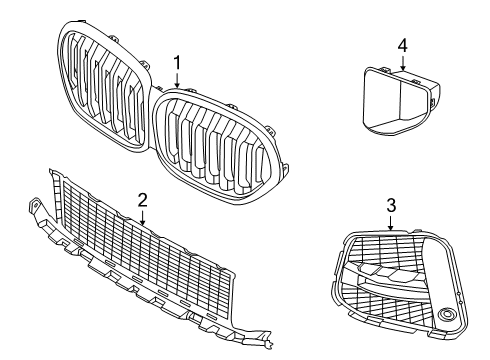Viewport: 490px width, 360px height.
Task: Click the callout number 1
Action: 177,62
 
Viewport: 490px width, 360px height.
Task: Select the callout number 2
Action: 143,199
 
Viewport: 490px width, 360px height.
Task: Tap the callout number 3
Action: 391,204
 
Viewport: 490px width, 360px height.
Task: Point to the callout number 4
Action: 402,44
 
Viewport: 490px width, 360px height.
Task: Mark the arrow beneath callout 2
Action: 143,215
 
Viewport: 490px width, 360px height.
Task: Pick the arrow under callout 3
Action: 391,221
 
